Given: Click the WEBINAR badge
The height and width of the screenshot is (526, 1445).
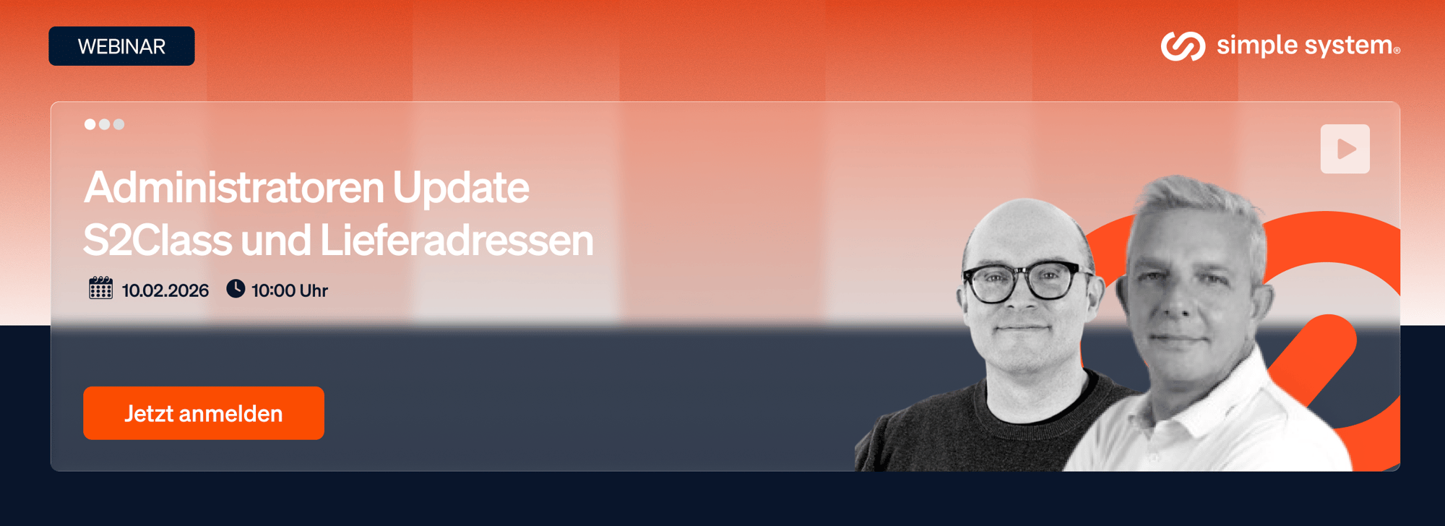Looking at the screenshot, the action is (x=121, y=46).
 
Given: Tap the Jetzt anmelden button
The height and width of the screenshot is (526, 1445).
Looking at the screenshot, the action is (x=204, y=413).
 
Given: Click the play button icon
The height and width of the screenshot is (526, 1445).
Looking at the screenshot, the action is (x=1345, y=149).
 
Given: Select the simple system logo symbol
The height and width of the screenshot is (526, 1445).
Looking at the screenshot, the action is (x=1183, y=46).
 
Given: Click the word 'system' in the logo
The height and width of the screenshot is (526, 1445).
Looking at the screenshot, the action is (x=1349, y=46).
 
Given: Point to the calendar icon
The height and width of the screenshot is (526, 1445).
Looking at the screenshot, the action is (x=100, y=288).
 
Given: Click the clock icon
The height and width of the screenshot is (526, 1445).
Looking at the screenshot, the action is (x=236, y=288).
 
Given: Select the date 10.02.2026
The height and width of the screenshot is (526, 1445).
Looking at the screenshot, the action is (x=165, y=290).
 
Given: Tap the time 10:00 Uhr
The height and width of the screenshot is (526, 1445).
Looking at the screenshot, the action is (x=290, y=290).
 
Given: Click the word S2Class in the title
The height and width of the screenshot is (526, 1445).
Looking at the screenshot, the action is (x=158, y=240).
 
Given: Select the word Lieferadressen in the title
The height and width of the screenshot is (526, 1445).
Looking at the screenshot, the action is (x=457, y=240).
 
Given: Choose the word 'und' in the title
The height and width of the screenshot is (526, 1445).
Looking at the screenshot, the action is (x=276, y=240).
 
